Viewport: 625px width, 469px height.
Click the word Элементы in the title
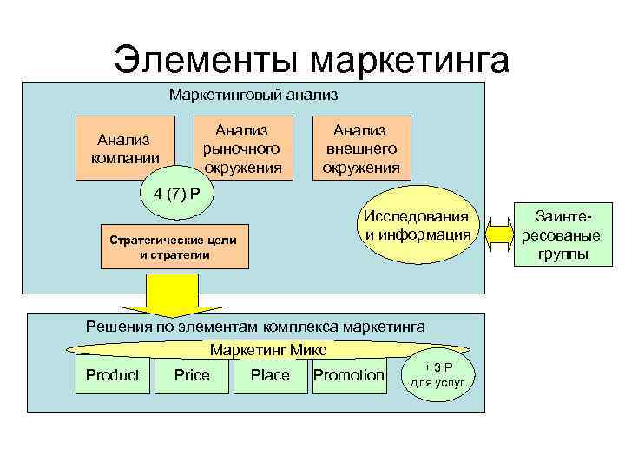point(207,61)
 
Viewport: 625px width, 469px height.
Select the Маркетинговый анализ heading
point(253,93)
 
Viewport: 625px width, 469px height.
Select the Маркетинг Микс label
point(268,349)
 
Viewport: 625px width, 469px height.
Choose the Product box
point(112,375)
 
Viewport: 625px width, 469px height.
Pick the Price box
point(192,375)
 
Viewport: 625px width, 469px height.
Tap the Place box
point(270,375)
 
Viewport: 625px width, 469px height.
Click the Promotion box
point(348,375)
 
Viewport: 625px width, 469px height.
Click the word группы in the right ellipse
point(562,254)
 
